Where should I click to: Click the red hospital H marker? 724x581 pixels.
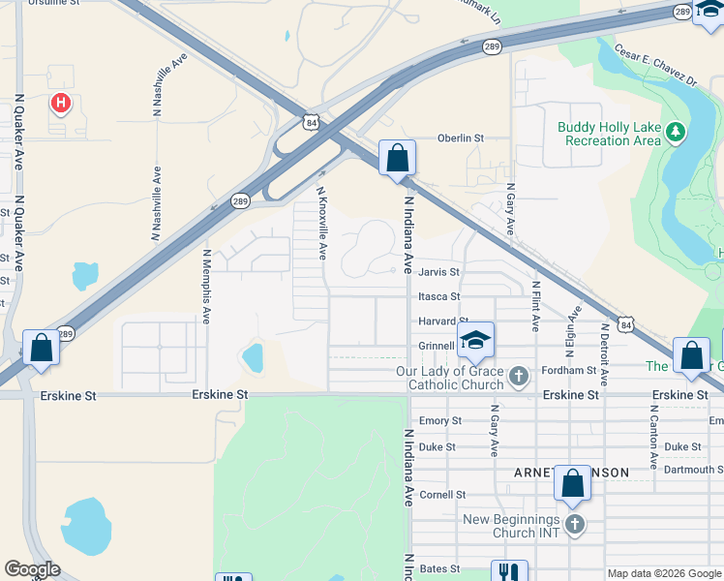point(61,102)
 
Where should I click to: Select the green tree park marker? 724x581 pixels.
point(676,133)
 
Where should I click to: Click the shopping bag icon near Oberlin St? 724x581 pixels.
point(397,158)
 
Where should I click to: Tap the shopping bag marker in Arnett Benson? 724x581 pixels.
point(572,483)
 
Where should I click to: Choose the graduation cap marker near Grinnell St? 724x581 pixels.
point(475,340)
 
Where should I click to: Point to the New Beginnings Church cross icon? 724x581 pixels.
point(575,525)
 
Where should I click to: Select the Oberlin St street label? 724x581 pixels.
point(461,138)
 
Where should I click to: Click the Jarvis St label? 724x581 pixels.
point(438,272)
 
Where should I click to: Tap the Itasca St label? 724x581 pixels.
point(439,296)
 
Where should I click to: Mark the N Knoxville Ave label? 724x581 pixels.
point(323,224)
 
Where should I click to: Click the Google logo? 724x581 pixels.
point(32,569)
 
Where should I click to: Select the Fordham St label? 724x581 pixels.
point(596,370)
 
